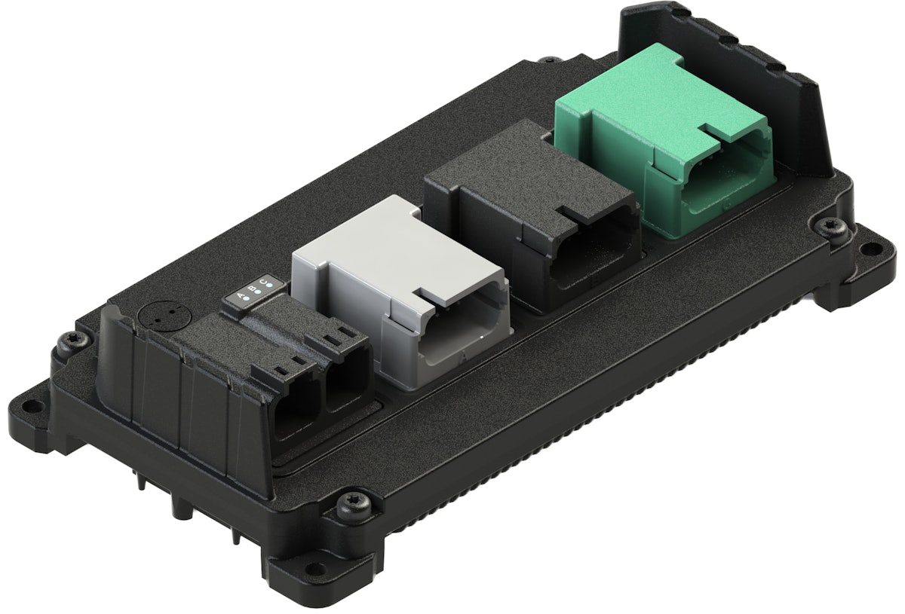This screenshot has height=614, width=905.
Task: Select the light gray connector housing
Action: [x=377, y=256]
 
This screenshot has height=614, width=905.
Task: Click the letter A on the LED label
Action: [x=241, y=295]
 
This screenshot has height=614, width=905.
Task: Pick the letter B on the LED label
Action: [x=253, y=289]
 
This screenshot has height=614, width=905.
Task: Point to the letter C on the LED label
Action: [x=264, y=283]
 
